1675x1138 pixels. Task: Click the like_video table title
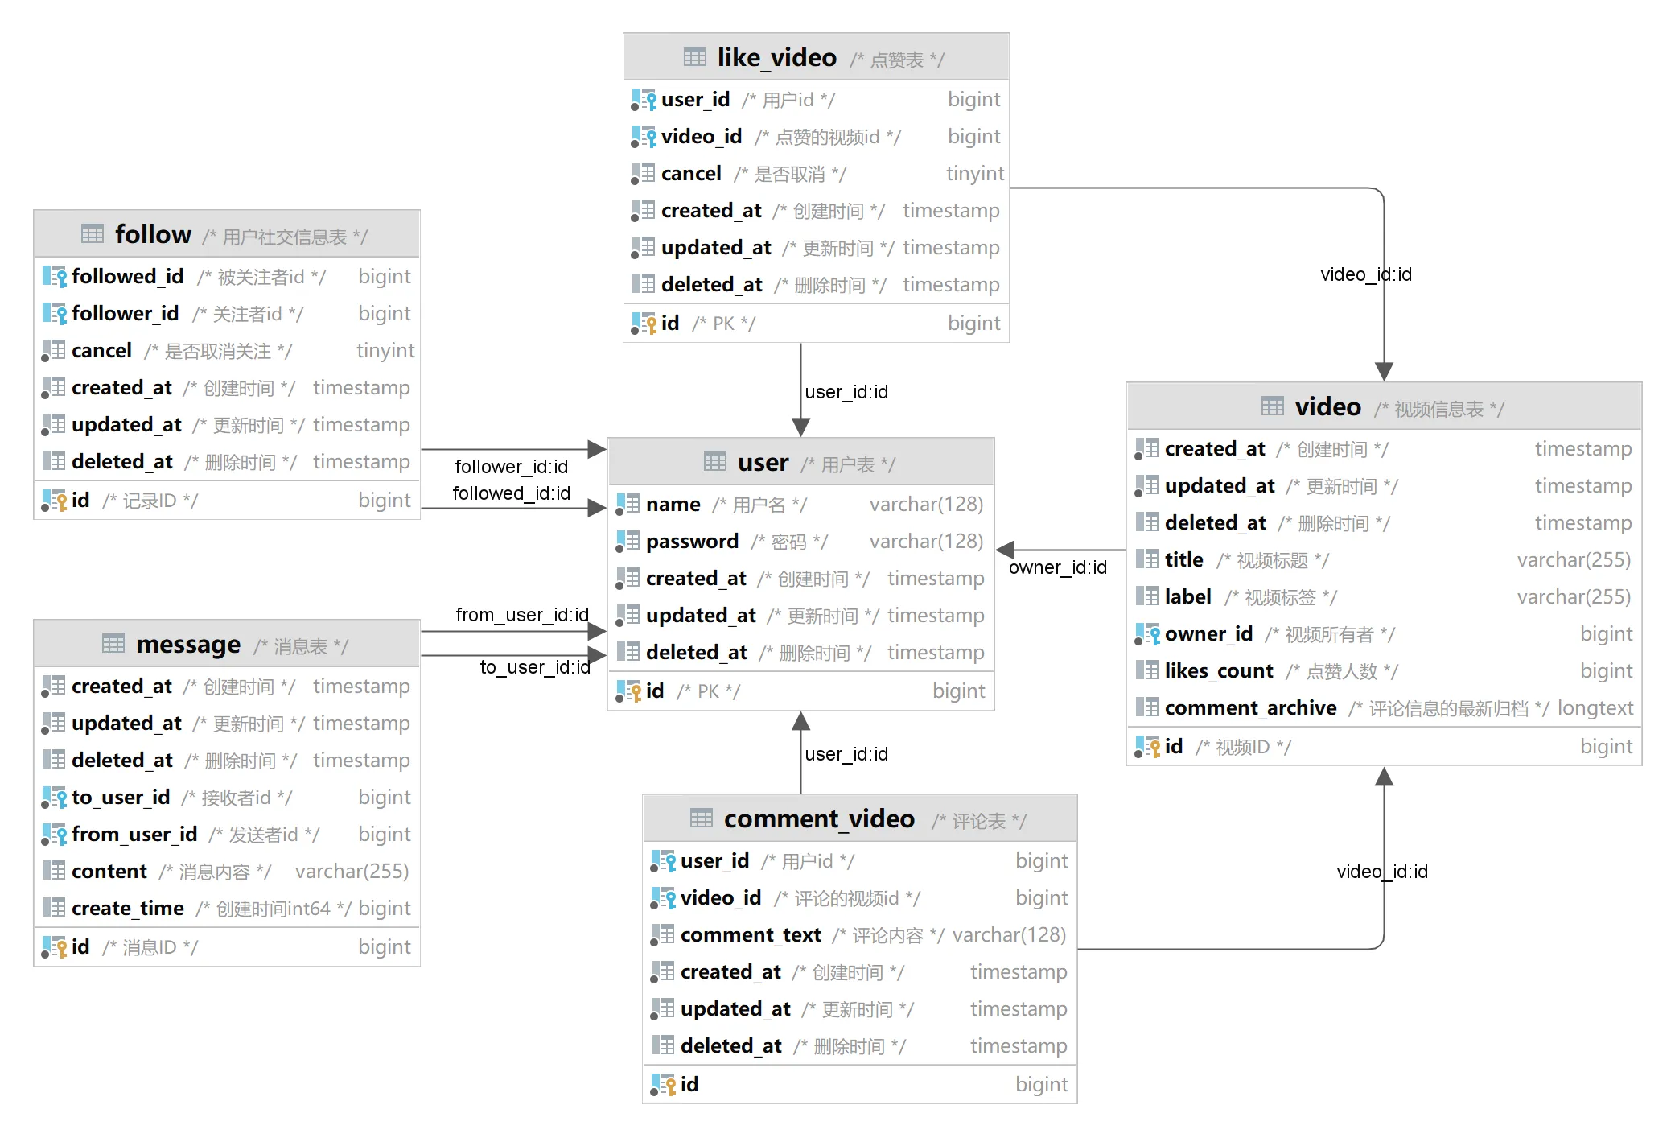click(x=776, y=57)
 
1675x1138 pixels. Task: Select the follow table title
click(x=153, y=234)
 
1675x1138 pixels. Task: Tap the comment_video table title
click(x=819, y=818)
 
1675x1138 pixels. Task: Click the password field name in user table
click(x=692, y=542)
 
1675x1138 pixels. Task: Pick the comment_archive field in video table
click(x=1250, y=708)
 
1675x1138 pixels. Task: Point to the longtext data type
click(x=1595, y=708)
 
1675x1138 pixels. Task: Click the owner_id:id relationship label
click(x=1057, y=567)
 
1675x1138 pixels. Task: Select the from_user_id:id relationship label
click(x=522, y=615)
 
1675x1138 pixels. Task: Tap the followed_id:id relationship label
click(x=512, y=493)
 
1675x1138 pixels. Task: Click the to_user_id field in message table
click(x=121, y=798)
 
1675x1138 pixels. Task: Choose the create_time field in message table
click(x=128, y=909)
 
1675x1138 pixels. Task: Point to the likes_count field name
click(x=1219, y=671)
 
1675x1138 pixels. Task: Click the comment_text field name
click(x=751, y=935)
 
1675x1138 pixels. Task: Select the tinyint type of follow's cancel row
click(x=385, y=351)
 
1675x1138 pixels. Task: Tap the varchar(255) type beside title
click(x=1574, y=560)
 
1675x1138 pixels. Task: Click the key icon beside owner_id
click(x=1147, y=634)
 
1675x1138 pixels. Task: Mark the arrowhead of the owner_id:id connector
click(x=1005, y=550)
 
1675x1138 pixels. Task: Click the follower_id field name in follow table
click(x=125, y=314)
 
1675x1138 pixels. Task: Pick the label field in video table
click(x=1187, y=597)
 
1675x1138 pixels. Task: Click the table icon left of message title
click(x=113, y=644)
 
